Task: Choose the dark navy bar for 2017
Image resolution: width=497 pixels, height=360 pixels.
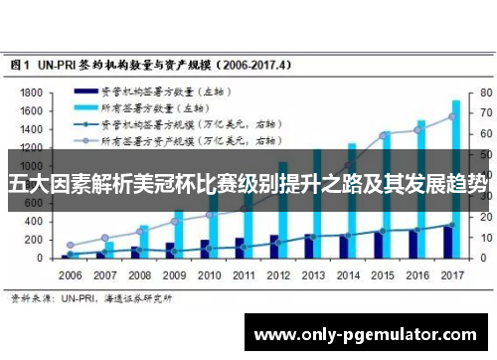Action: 447,242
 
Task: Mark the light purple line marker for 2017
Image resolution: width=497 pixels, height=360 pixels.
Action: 451,116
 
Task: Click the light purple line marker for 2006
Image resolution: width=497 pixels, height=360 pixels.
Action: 71,245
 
